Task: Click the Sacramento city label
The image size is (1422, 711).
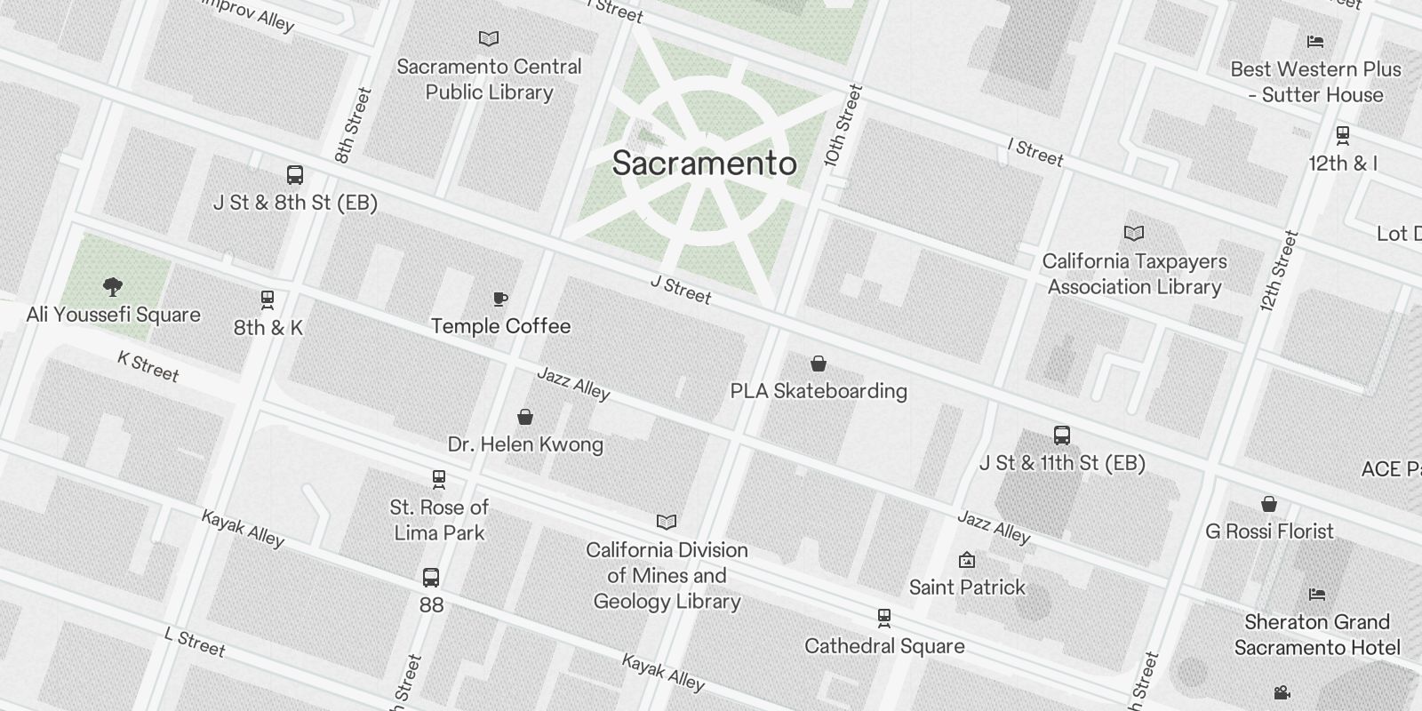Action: pos(704,164)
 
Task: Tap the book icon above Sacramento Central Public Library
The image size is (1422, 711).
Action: pos(489,38)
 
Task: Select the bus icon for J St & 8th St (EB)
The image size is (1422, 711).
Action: pos(295,175)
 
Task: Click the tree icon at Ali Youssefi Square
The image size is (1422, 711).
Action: pos(113,286)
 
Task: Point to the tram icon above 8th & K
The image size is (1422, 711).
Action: pos(268,300)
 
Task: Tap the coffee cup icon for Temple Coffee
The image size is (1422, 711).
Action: pos(500,299)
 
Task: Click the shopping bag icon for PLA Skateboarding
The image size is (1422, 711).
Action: pos(819,363)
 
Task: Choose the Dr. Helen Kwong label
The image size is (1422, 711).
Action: pos(525,444)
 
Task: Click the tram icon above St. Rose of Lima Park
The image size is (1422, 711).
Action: pos(438,479)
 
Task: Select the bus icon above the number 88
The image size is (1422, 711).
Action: pos(431,578)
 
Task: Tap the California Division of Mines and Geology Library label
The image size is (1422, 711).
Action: pos(667,575)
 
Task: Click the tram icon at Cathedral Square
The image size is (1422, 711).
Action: pos(884,618)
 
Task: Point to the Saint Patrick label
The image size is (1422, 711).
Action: pos(967,587)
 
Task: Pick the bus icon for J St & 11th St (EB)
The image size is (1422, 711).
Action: pos(1062,435)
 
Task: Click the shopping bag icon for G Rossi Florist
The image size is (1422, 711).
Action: pos(1269,504)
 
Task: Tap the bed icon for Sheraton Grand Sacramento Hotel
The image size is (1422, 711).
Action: pos(1317,594)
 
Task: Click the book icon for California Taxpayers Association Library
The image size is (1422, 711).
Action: pos(1134,233)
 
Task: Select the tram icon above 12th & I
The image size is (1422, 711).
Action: pos(1343,135)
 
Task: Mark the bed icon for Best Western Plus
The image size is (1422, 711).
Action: pos(1316,41)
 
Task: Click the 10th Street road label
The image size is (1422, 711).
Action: pos(843,125)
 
